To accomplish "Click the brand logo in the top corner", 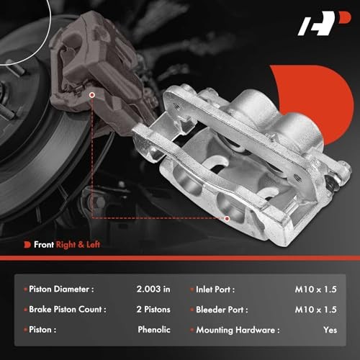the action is coord(324,23).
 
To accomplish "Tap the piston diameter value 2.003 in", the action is coord(153,289).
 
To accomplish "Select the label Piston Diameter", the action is coord(61,289).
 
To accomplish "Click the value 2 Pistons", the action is coord(153,309).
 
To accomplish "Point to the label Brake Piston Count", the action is coord(68,309).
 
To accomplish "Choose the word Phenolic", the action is coord(154,330).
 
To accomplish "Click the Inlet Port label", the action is coord(215,289).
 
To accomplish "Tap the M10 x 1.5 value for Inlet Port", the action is coord(316,289).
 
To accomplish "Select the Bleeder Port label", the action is coord(222,310).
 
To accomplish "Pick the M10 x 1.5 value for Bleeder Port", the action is coord(316,310).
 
